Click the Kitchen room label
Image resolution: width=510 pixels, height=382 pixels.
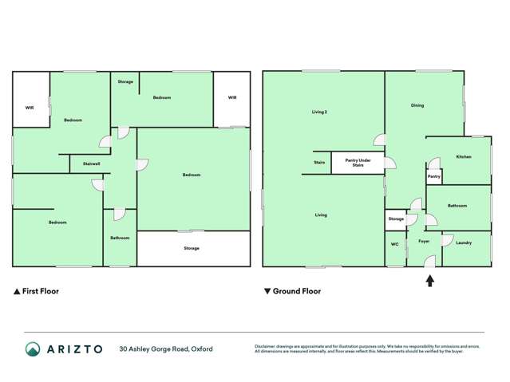click(x=464, y=157)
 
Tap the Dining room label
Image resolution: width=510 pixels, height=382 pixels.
click(x=417, y=105)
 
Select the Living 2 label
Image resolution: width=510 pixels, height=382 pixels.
click(x=319, y=112)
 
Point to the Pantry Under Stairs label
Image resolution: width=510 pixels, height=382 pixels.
click(x=358, y=163)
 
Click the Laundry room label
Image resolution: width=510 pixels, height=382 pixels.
click(x=464, y=242)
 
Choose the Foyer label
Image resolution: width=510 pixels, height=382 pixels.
click(x=423, y=241)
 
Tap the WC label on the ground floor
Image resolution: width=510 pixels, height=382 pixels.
click(x=394, y=243)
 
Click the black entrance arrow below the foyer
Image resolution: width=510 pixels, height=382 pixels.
click(x=430, y=280)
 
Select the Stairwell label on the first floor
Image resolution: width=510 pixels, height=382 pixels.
click(x=91, y=163)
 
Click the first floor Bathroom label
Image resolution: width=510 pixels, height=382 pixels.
click(x=120, y=238)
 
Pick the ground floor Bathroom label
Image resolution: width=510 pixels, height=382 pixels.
click(x=457, y=206)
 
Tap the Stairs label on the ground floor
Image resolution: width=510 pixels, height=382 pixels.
click(x=319, y=163)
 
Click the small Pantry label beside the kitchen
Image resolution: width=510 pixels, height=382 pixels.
click(x=434, y=176)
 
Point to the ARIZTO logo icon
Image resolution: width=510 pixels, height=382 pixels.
click(x=33, y=349)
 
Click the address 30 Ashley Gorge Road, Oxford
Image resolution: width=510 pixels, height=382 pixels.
click(x=166, y=349)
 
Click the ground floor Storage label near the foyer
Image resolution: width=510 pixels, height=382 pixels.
click(x=396, y=219)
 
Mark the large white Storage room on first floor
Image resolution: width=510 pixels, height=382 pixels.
click(x=192, y=248)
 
